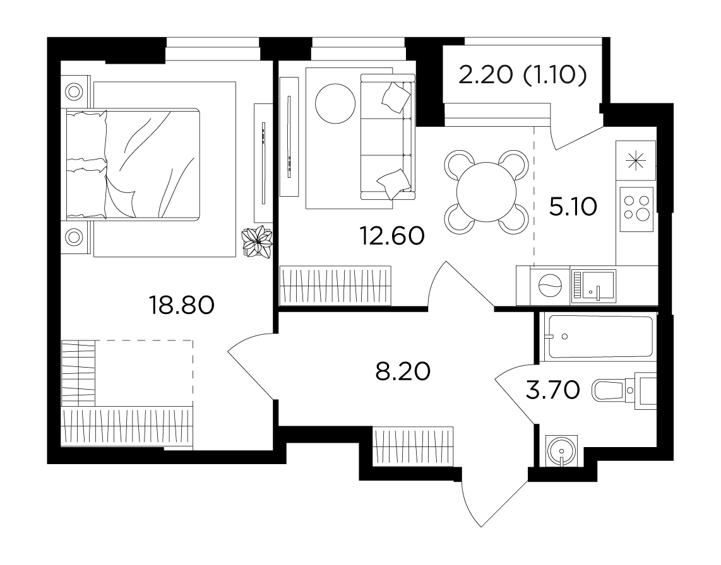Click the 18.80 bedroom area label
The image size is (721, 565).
pos(182,305)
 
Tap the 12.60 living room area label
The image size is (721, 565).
pos(392,236)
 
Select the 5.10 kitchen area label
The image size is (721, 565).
pos(573,207)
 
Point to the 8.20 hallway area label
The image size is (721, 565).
pos(403,371)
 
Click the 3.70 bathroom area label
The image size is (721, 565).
pos(552,391)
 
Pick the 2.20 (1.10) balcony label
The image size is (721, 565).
pos(523,75)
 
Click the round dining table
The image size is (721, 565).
pos(486,192)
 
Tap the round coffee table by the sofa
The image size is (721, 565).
pos(335,103)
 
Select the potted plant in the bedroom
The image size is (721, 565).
pos(257,241)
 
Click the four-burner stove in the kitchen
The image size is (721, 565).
pos(637,209)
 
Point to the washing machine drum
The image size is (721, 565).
pos(550,286)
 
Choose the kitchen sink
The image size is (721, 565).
pos(593,286)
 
